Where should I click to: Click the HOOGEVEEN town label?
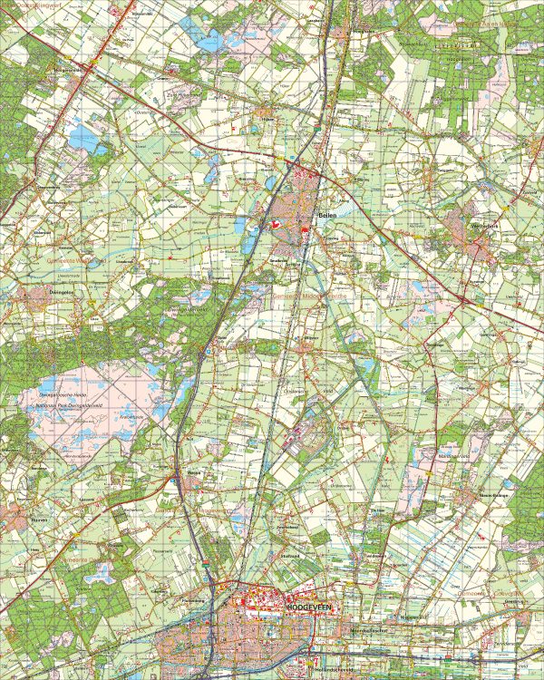tap(311, 602)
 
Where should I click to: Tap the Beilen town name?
tap(327, 216)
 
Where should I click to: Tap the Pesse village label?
tap(192, 472)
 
